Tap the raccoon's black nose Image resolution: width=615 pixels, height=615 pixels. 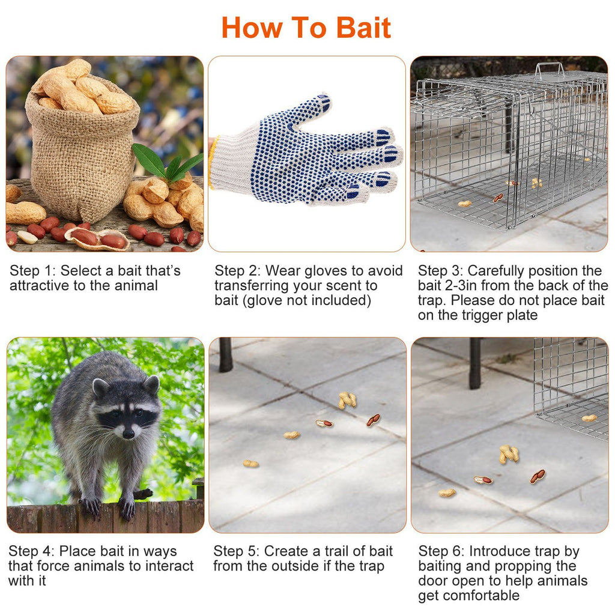coord(128,433)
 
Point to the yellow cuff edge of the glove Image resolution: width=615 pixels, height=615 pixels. coord(211,162)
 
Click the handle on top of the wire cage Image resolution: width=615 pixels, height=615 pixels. coord(550,69)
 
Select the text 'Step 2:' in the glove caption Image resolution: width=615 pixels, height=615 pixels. coord(237,271)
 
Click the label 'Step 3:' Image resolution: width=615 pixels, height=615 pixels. coord(440,271)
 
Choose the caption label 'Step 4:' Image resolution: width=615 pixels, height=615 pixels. coord(31,551)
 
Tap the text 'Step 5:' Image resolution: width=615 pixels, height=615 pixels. coord(236,551)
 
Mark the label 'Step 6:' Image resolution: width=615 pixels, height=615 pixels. coord(441,551)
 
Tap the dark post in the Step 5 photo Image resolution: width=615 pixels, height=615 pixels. coord(225,354)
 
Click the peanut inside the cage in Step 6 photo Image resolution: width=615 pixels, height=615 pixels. coord(589,418)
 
